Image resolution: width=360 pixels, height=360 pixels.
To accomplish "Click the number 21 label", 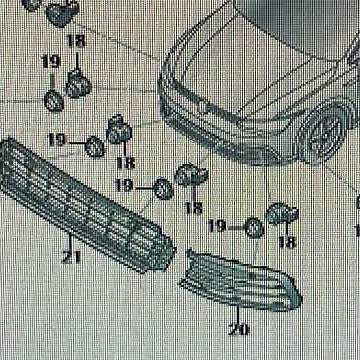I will (x=71, y=258).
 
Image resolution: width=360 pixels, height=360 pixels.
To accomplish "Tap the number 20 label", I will (x=239, y=327).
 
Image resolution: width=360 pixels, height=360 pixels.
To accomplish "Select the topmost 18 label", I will (x=77, y=41).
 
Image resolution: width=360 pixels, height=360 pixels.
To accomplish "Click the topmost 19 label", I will (x=50, y=62).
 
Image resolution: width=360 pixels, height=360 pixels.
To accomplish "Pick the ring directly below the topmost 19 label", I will (x=53, y=100).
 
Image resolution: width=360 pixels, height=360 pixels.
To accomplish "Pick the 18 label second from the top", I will (x=125, y=162).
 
